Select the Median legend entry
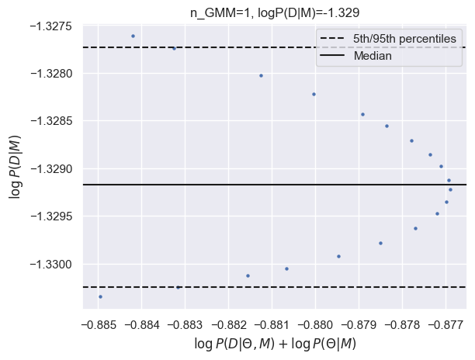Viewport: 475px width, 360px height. point(372,56)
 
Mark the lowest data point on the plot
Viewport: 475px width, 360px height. point(100,296)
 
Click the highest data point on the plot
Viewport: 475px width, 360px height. point(133,36)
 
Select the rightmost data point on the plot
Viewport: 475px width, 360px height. point(450,189)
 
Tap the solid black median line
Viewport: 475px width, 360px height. point(272,185)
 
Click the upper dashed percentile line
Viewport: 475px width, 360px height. point(233,47)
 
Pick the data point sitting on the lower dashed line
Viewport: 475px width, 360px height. point(178,287)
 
